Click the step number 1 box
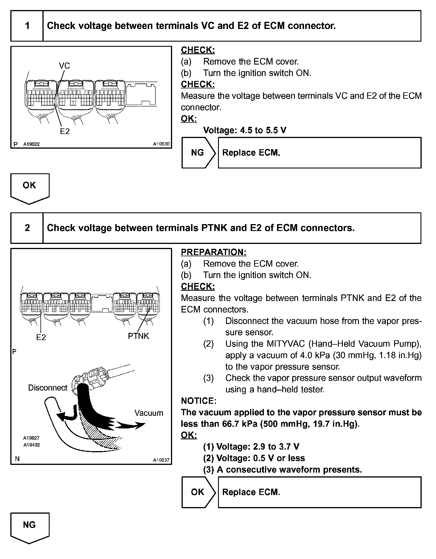coord(27,26)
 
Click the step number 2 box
coord(27,228)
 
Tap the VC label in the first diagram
coord(64,66)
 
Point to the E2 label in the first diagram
coord(65,131)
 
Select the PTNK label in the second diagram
coord(139,336)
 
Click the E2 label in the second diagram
coord(41,337)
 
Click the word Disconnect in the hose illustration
coord(48,388)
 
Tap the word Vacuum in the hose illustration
coord(149,413)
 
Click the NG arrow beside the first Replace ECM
coord(198,153)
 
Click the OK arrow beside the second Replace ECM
coord(198,492)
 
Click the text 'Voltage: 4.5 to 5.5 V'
coord(245,130)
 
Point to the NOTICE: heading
coord(199,401)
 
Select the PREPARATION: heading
coord(213,252)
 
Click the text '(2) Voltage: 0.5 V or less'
coord(254,458)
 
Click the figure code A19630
coord(161,144)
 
